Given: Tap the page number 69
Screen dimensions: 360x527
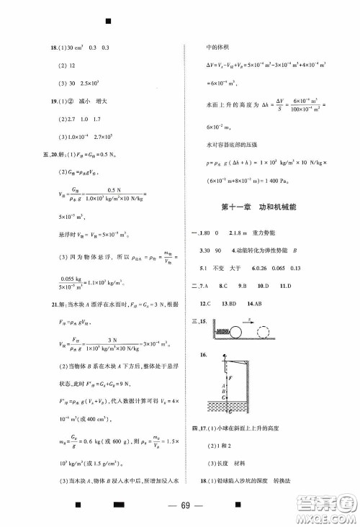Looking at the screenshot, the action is click(x=179, y=504).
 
